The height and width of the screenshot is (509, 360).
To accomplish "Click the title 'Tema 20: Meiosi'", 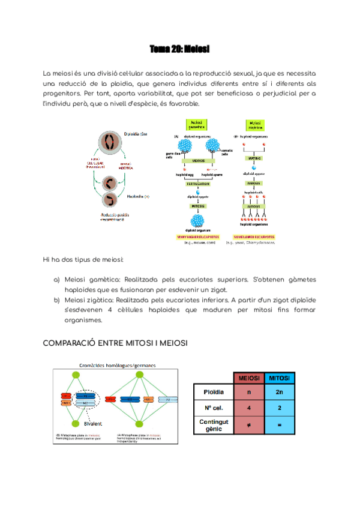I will click(179, 48).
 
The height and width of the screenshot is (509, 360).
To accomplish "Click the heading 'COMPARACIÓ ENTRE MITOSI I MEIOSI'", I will click(115, 343).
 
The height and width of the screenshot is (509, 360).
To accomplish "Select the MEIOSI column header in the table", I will click(249, 378).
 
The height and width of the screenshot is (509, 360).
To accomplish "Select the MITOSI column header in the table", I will click(280, 378).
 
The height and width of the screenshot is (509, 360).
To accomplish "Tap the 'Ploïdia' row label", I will click(214, 392).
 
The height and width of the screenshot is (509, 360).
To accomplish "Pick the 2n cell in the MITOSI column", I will click(280, 392).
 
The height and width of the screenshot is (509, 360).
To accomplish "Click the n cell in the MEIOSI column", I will click(249, 392).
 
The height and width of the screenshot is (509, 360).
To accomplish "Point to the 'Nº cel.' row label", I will click(214, 408).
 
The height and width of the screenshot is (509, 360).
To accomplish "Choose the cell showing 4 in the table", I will click(249, 408).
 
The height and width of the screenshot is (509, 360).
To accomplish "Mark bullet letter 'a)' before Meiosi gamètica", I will click(56, 280).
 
